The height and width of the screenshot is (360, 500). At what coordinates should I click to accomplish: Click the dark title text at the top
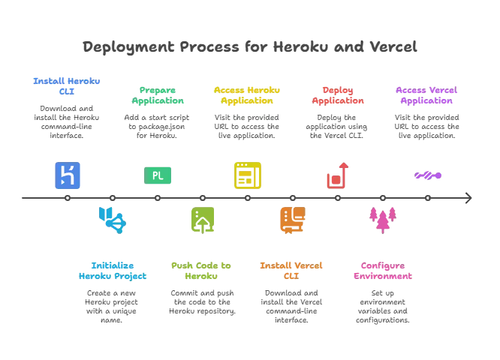(249, 46)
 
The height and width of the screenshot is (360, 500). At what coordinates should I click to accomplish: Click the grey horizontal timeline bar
(245, 198)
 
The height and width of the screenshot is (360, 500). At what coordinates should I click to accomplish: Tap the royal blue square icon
(68, 175)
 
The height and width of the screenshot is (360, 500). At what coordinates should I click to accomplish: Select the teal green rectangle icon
(158, 175)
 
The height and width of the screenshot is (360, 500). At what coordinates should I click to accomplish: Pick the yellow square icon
(245, 175)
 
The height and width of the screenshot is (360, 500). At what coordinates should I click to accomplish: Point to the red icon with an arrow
(337, 176)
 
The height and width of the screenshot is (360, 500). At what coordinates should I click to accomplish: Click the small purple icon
(429, 175)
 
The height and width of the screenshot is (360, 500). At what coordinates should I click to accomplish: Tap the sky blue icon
(112, 219)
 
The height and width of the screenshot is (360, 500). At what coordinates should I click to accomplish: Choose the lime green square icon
(201, 219)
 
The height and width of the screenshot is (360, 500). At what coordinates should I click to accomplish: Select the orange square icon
(291, 219)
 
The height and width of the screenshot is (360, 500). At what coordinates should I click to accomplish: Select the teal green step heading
(158, 96)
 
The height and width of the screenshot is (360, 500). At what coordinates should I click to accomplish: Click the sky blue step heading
(112, 270)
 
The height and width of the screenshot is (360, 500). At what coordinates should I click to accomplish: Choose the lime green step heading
(201, 270)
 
